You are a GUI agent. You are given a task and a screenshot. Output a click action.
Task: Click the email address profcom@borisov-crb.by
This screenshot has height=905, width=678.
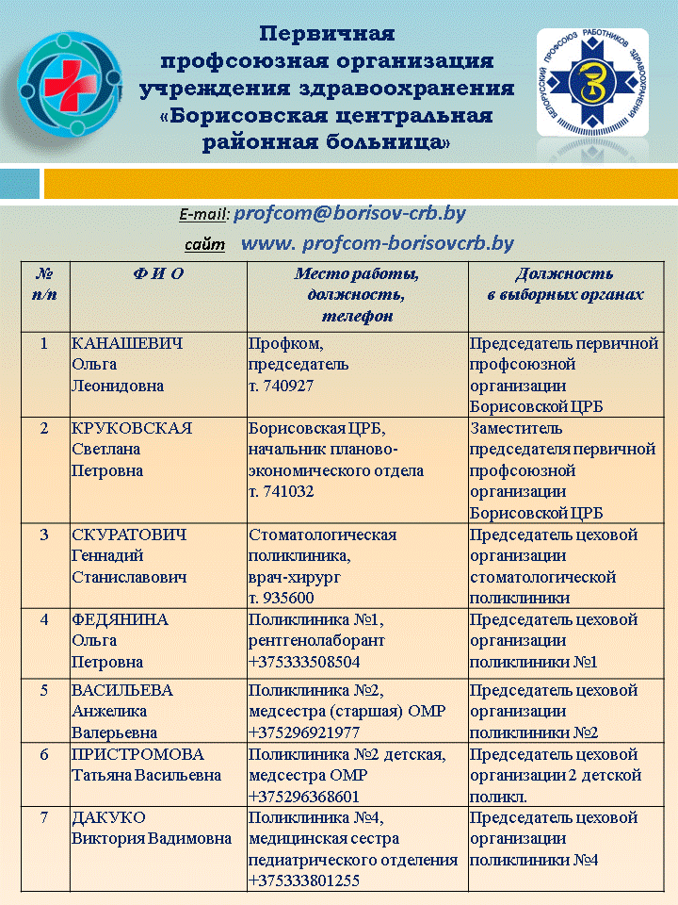pos(349,214)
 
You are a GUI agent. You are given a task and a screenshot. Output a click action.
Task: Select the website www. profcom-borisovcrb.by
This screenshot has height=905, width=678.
pos(378,244)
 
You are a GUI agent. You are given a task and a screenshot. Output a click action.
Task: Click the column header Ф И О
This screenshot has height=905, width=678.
pos(157,274)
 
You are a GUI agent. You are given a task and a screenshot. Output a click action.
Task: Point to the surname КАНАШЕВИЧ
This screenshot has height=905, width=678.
pos(127,343)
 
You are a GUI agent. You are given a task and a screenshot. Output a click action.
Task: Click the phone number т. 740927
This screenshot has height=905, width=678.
pos(281,387)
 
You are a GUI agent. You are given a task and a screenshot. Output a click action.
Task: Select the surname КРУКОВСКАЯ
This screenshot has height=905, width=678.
pos(132,428)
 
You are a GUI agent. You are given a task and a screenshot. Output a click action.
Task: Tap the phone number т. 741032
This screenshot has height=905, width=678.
pos(281,492)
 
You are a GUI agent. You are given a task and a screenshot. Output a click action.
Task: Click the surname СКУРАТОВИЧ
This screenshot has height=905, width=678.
pos(129,535)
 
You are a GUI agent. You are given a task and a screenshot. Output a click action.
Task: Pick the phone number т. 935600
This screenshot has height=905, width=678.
pos(281,598)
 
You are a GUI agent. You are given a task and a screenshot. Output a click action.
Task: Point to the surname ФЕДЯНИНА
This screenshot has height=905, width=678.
pos(120,619)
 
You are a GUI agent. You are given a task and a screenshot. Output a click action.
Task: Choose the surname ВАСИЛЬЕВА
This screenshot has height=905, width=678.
pos(122,690)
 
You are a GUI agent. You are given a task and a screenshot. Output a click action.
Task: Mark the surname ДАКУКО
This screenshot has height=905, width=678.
pos(107,817)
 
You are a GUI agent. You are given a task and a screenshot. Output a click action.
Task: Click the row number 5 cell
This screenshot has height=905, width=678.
pos(44,690)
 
